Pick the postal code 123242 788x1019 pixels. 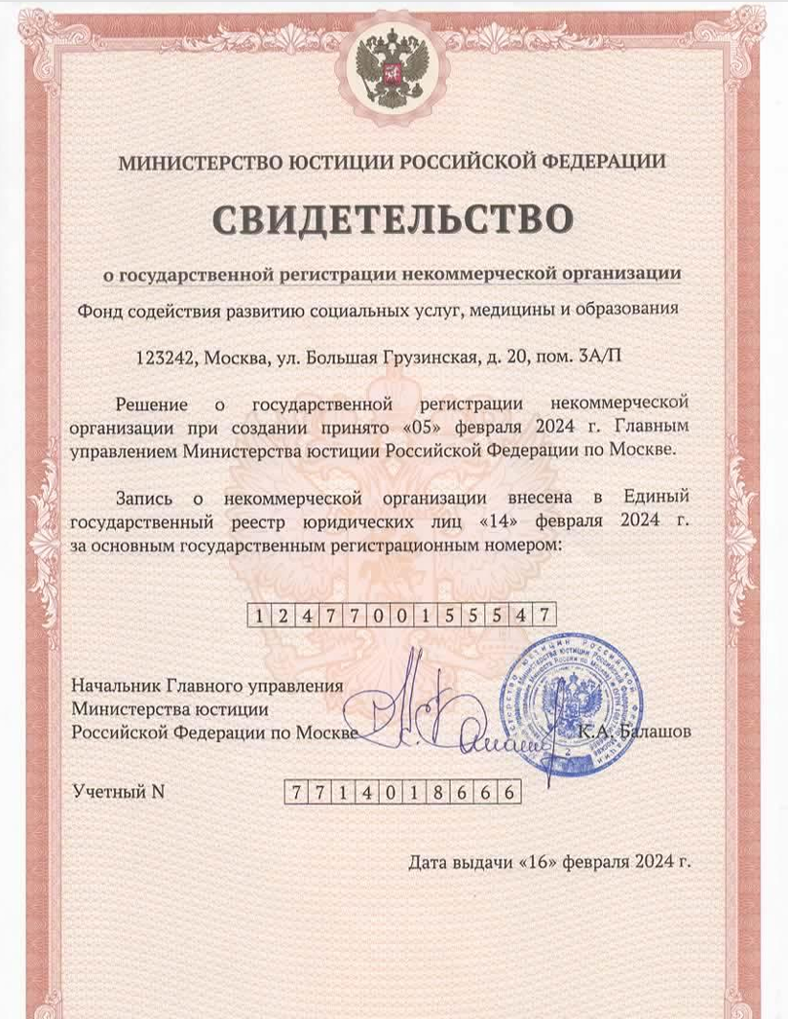[167, 358]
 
